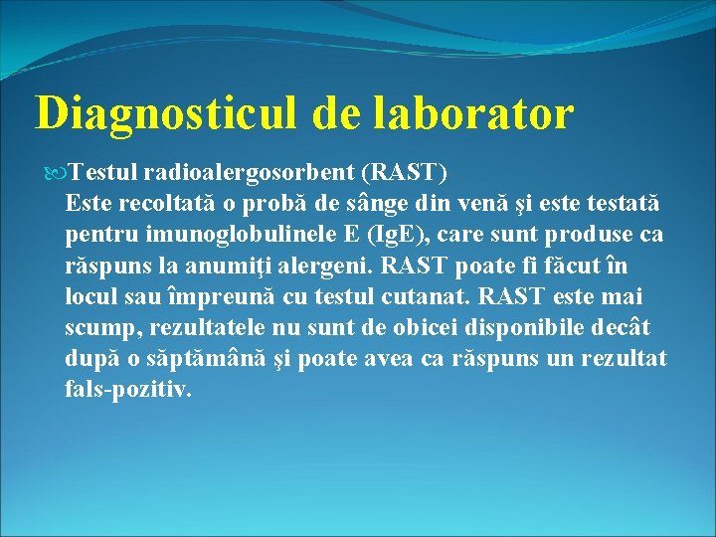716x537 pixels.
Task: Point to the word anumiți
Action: (227, 266)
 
